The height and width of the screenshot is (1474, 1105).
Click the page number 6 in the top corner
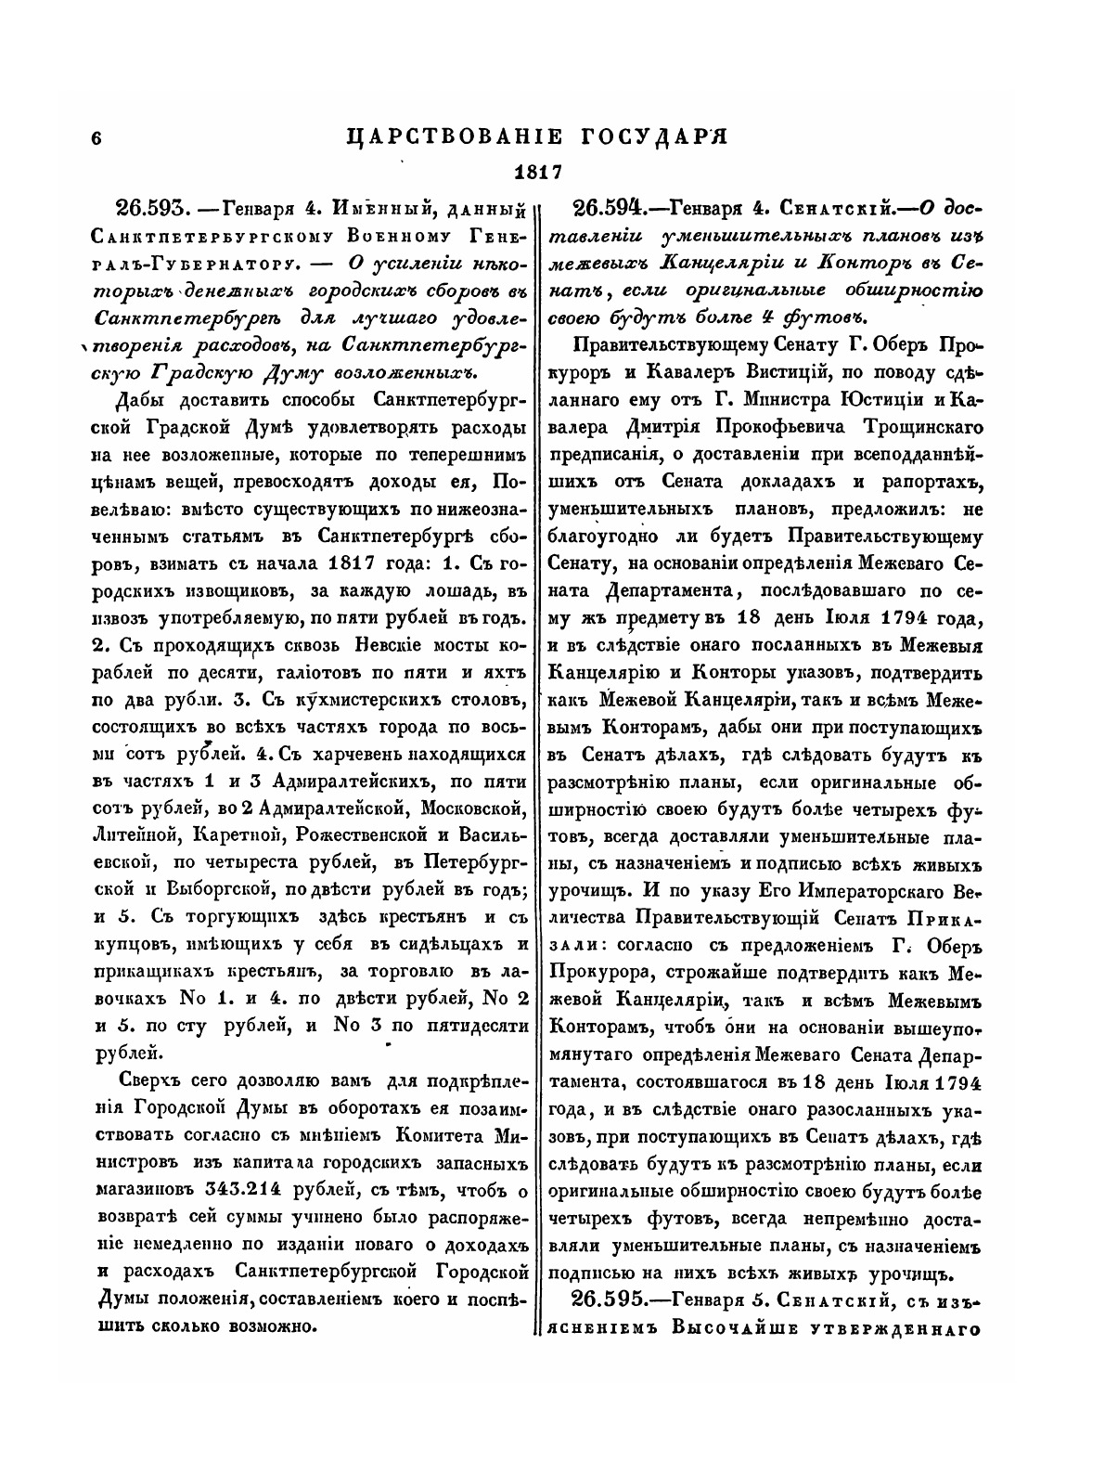tap(96, 137)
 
